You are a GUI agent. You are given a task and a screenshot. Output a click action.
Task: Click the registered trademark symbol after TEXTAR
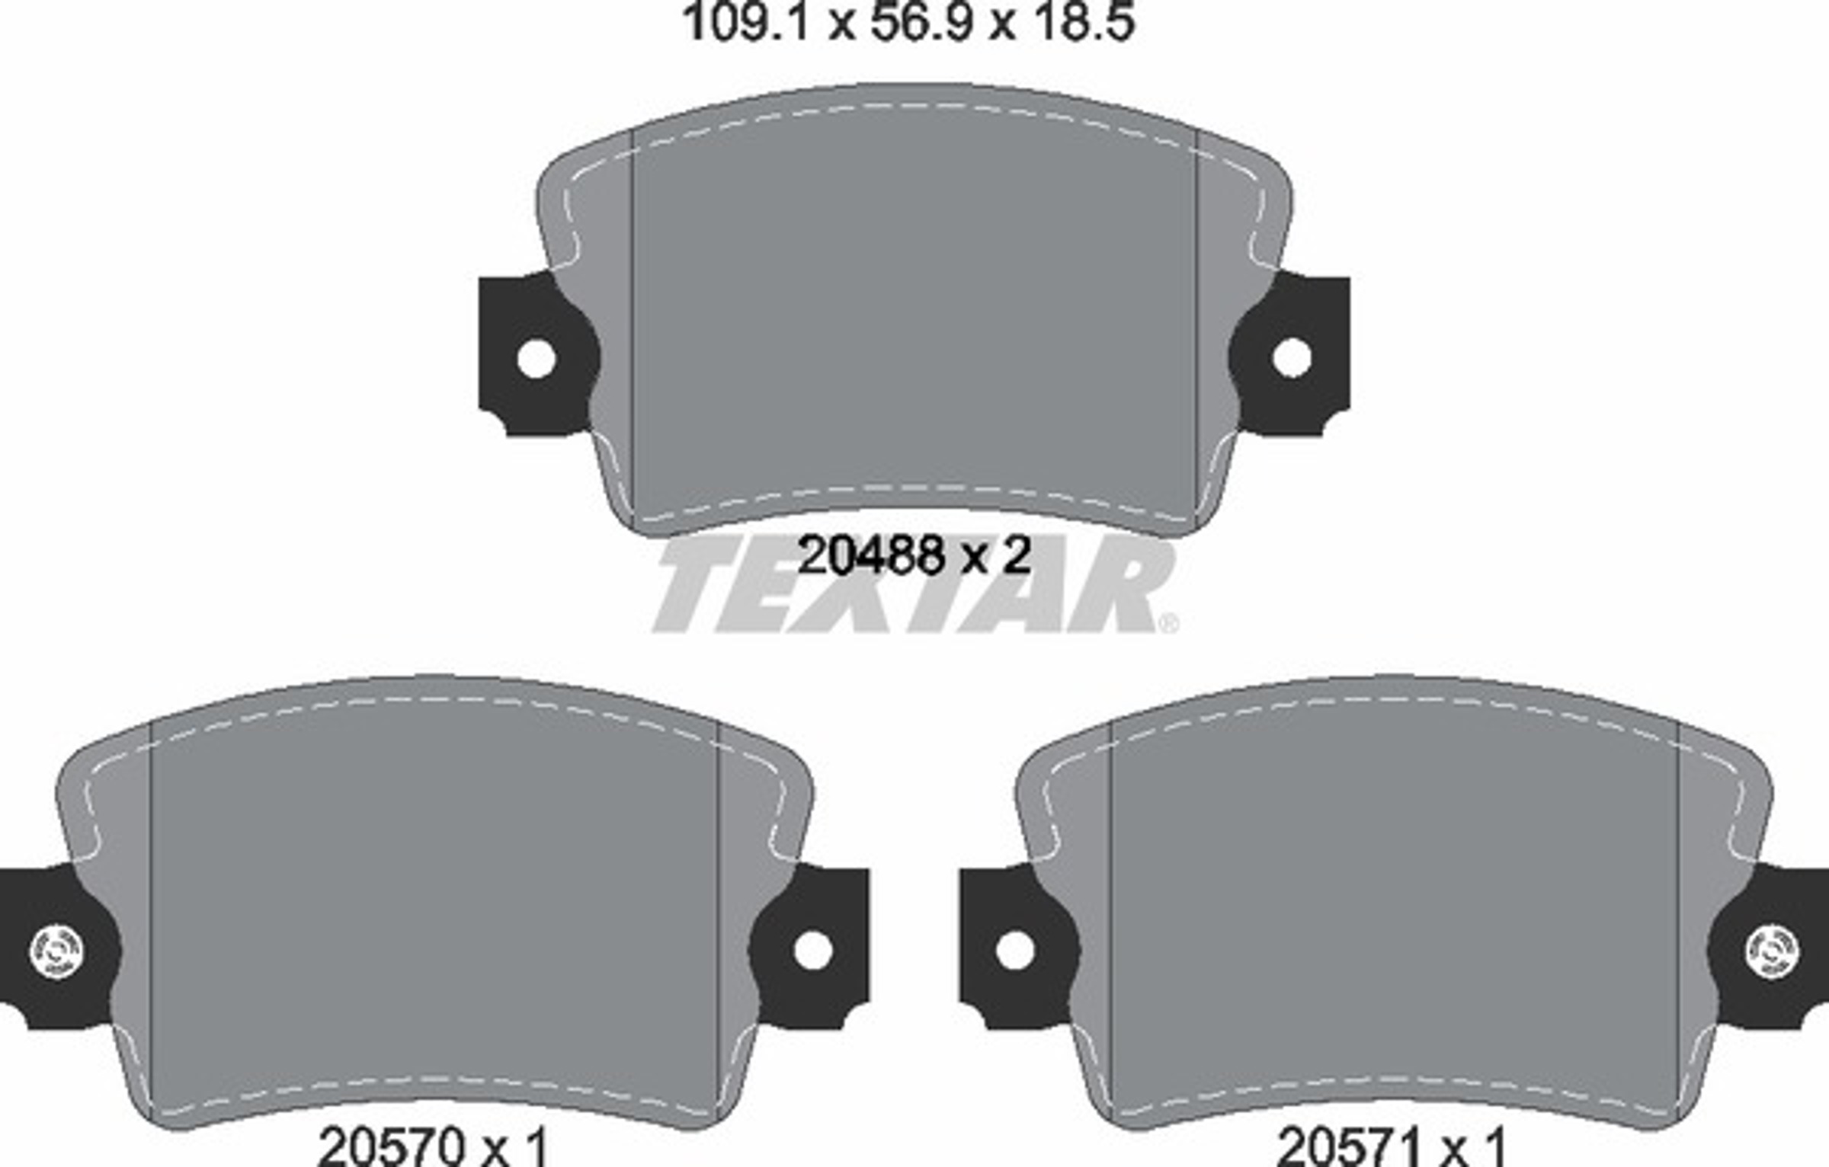pyautogui.click(x=1168, y=624)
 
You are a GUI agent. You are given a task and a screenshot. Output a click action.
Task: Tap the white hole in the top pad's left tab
pyautogui.click(x=536, y=358)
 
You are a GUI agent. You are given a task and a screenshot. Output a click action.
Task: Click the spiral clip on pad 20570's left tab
pyautogui.click(x=56, y=951)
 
